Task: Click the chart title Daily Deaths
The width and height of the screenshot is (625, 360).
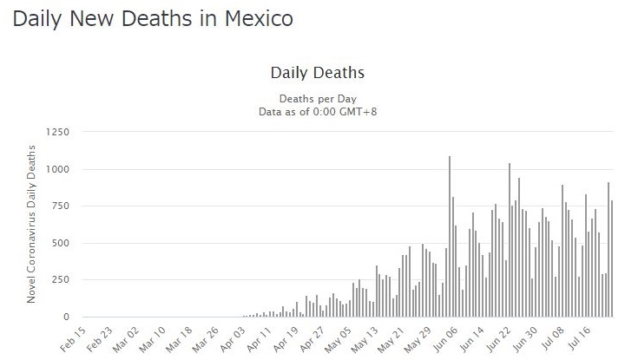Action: (x=317, y=72)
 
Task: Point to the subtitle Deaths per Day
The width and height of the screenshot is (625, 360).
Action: (x=317, y=98)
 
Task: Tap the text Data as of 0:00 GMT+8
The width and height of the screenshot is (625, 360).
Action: (x=317, y=112)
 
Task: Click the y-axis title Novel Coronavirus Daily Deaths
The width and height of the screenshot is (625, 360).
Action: (x=32, y=225)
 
